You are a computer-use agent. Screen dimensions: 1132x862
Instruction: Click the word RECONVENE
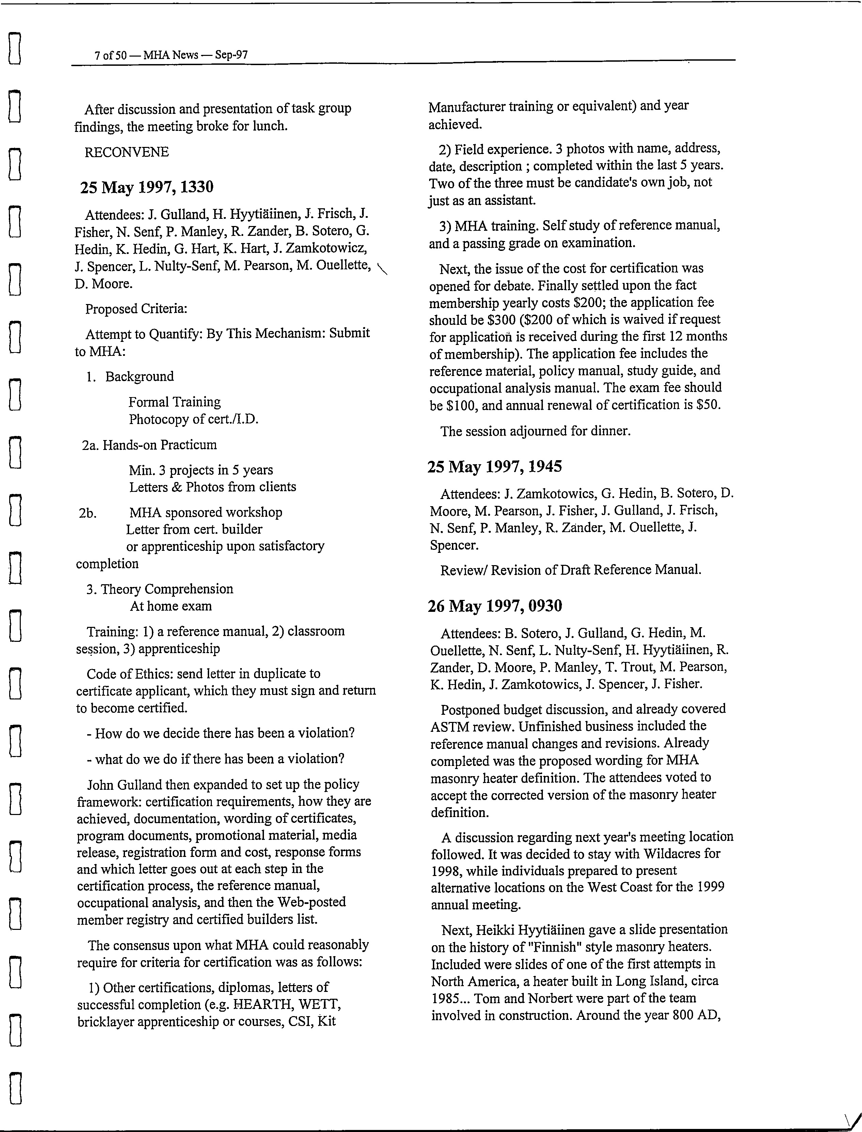pos(127,152)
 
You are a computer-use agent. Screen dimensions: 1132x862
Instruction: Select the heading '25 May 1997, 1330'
pos(147,187)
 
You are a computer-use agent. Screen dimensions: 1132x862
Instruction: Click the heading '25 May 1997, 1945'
pos(495,466)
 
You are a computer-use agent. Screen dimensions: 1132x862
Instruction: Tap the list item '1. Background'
pos(130,376)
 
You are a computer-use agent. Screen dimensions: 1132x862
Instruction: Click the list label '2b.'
pos(88,513)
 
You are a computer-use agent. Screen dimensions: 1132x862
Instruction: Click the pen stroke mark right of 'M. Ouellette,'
pos(382,269)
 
